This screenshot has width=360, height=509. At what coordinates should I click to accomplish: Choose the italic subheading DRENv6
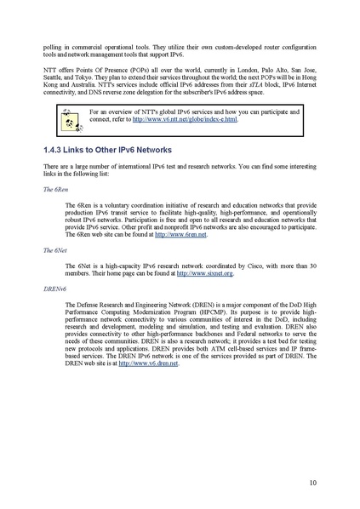point(53,289)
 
